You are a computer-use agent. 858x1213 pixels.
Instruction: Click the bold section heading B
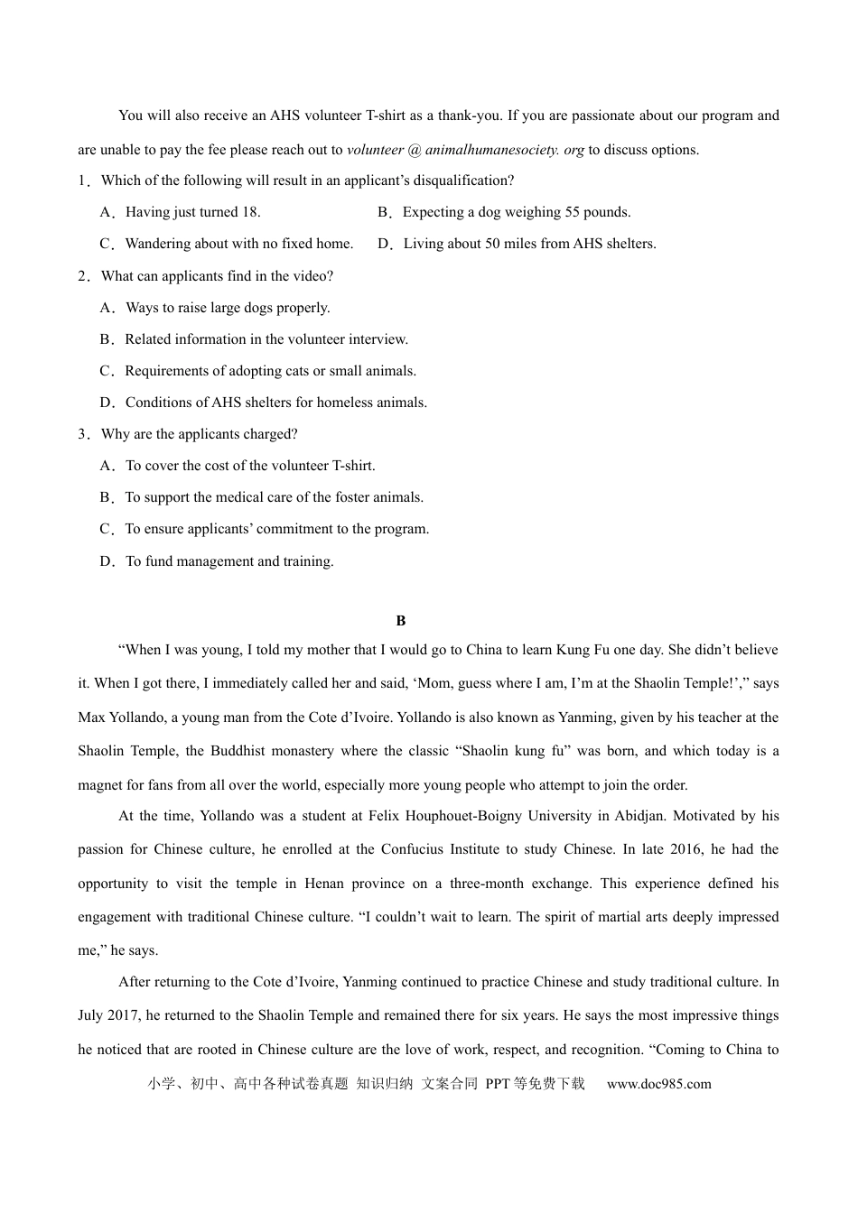401,621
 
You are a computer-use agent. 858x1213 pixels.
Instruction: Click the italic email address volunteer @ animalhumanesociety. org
465,150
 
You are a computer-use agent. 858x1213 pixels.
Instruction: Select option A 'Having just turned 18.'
192,212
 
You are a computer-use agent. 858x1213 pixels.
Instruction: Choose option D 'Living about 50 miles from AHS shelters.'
529,244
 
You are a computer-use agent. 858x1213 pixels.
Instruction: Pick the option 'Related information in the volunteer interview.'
266,339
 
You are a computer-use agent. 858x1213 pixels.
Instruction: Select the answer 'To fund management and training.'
229,561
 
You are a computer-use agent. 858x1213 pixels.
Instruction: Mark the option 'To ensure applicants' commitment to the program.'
276,529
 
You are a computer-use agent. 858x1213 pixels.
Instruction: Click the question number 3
82,434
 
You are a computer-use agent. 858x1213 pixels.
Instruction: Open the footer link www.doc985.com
658,1084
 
